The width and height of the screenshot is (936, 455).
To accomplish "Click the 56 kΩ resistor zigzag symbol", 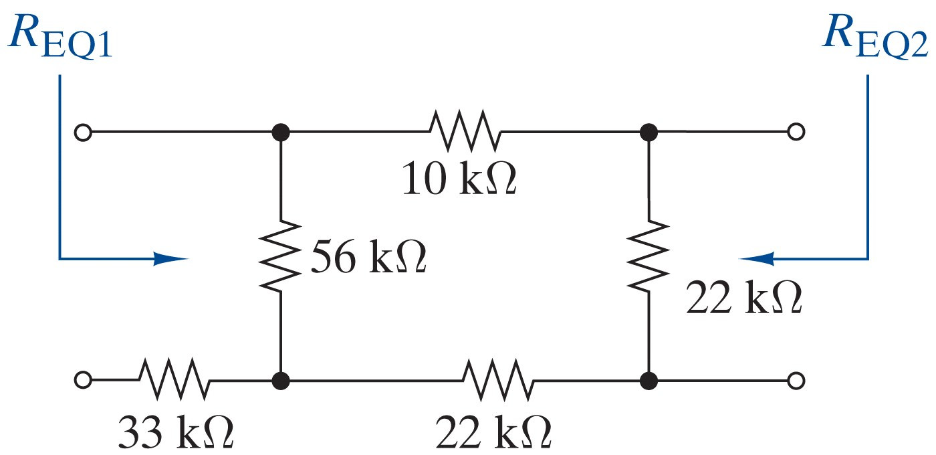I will click(x=281, y=254).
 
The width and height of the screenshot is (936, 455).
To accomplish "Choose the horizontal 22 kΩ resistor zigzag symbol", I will click(x=498, y=380).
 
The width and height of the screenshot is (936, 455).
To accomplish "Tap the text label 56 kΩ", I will click(x=368, y=258).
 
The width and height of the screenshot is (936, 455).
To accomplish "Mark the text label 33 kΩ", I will click(x=176, y=433).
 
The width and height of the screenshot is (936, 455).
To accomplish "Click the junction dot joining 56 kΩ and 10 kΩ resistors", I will click(x=281, y=132).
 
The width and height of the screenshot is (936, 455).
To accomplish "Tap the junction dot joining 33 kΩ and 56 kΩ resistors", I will click(x=281, y=381).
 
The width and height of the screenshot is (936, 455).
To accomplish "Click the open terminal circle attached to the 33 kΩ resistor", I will click(x=82, y=381).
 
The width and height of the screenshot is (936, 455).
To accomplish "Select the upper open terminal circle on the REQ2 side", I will click(x=795, y=132).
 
